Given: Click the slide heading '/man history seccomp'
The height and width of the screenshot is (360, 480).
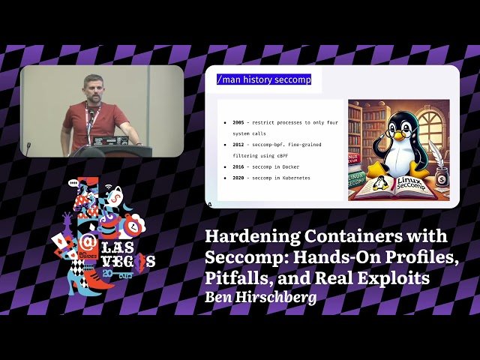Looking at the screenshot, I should (x=263, y=79).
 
